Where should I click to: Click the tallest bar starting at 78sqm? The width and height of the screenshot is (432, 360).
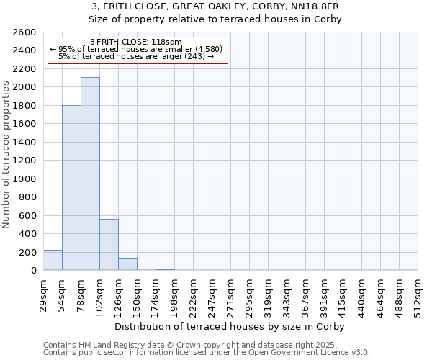(x=90, y=174)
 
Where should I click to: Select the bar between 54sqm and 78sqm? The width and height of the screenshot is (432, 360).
(x=71, y=187)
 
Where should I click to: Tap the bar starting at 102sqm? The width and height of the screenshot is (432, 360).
(x=109, y=244)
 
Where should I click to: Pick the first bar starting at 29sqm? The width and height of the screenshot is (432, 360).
(x=53, y=260)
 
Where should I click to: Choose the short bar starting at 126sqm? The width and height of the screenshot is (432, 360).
(x=127, y=264)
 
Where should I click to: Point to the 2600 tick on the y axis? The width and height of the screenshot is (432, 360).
(x=26, y=32)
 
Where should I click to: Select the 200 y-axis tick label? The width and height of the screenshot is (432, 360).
(x=29, y=252)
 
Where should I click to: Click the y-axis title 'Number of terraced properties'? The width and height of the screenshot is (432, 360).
(x=6, y=155)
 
